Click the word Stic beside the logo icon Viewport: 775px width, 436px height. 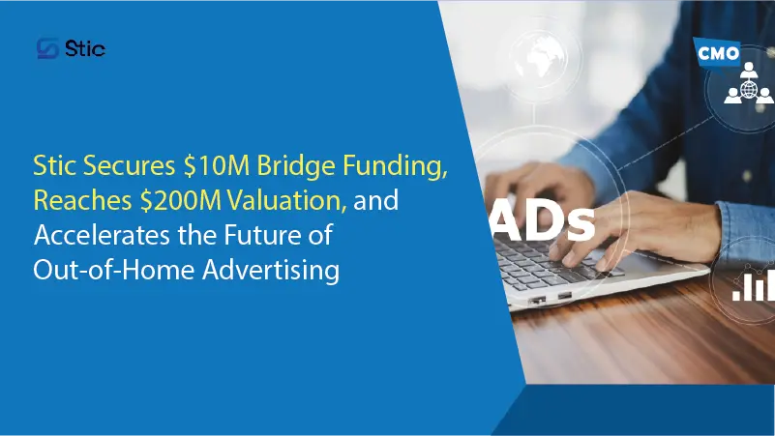pyautogui.click(x=85, y=49)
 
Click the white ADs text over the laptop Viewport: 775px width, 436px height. pyautogui.click(x=543, y=221)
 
